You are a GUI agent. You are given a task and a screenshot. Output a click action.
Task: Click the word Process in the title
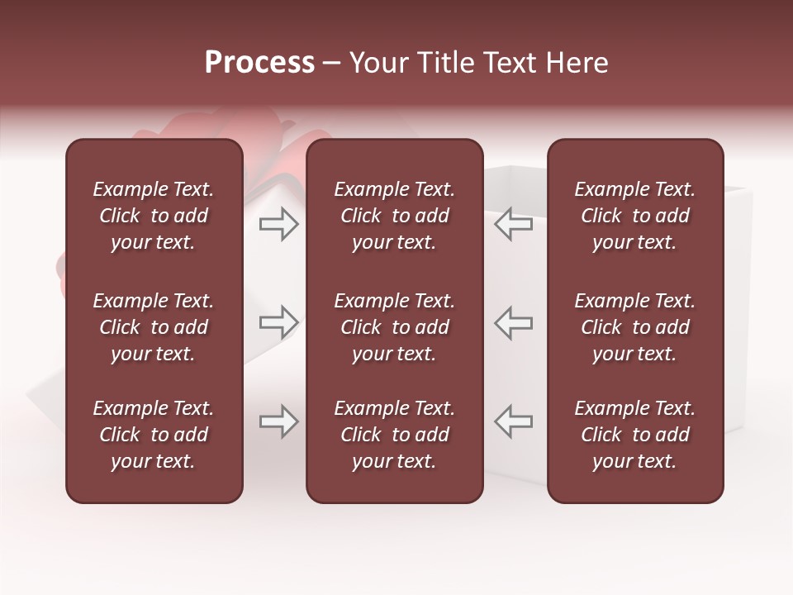[x=259, y=63]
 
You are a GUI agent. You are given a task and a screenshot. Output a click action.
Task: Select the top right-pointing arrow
[x=279, y=224]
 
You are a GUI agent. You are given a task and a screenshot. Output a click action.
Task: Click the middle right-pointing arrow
[x=279, y=322]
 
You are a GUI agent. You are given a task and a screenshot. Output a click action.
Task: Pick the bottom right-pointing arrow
[x=279, y=421]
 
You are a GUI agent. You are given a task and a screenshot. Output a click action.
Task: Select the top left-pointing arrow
[x=514, y=224]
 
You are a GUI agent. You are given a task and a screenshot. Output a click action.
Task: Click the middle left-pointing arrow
[x=514, y=322]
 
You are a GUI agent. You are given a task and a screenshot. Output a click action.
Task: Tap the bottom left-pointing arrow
[x=514, y=421]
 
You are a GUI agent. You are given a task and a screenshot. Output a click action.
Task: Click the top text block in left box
[x=154, y=216]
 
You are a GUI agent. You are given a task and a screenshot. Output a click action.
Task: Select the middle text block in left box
[x=154, y=327]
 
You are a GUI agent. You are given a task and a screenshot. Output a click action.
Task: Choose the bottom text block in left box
[x=154, y=435]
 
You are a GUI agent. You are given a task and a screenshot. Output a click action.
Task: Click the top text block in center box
[x=394, y=216]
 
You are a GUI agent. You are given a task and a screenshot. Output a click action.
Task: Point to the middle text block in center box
[x=394, y=327]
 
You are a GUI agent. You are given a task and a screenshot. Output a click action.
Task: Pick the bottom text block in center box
[x=394, y=435]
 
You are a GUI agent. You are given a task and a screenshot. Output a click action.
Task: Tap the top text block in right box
[x=634, y=216]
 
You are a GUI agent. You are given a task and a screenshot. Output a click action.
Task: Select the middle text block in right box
[x=634, y=327]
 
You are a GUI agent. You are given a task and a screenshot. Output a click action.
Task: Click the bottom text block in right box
[x=634, y=435]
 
